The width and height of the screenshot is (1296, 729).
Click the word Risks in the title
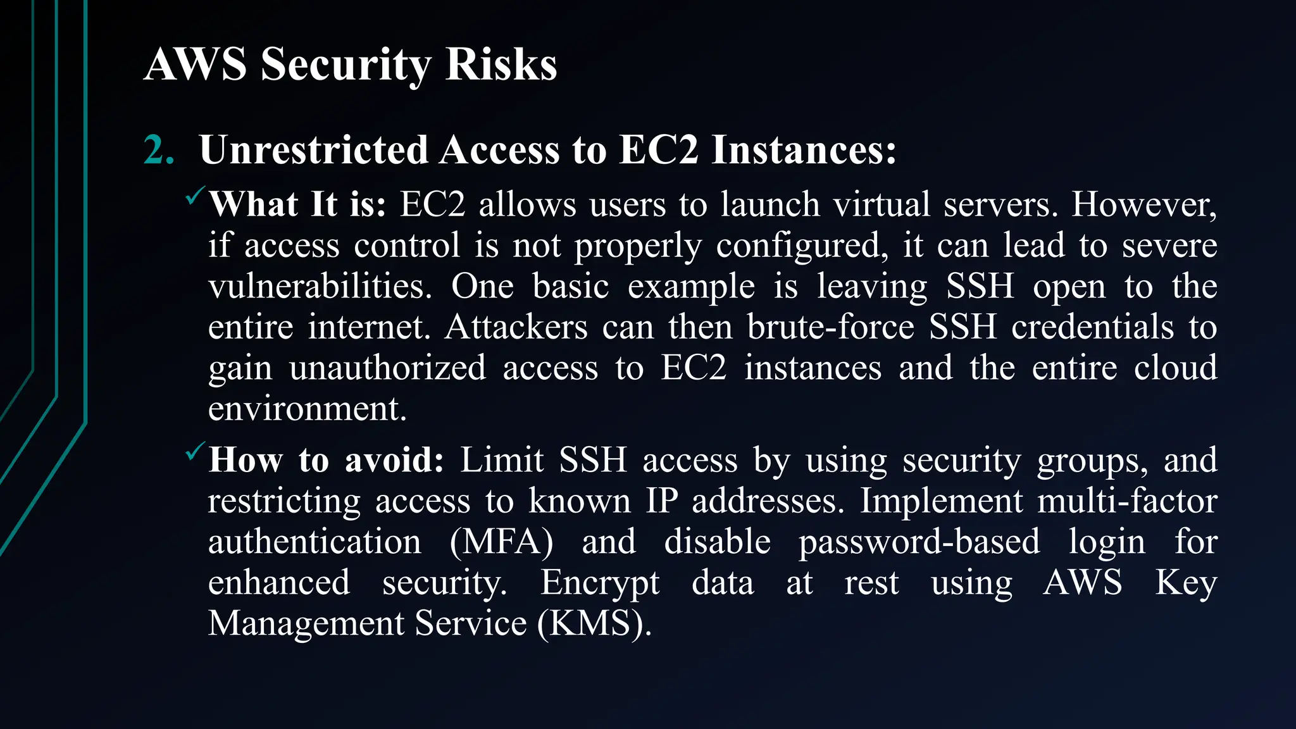[x=501, y=65]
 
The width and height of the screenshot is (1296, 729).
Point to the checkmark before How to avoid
[x=194, y=452]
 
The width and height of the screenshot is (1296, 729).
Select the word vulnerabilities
[x=320, y=287]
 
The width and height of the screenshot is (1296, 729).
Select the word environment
[x=307, y=409]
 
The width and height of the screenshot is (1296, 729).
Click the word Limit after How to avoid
[x=502, y=460]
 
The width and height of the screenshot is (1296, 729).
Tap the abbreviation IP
[x=662, y=501]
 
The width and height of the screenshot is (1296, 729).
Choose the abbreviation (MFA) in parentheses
[x=501, y=542]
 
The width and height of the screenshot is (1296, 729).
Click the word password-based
[x=919, y=542]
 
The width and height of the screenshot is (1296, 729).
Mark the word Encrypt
[x=599, y=583]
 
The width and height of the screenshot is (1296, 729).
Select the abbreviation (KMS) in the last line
[x=594, y=624]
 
